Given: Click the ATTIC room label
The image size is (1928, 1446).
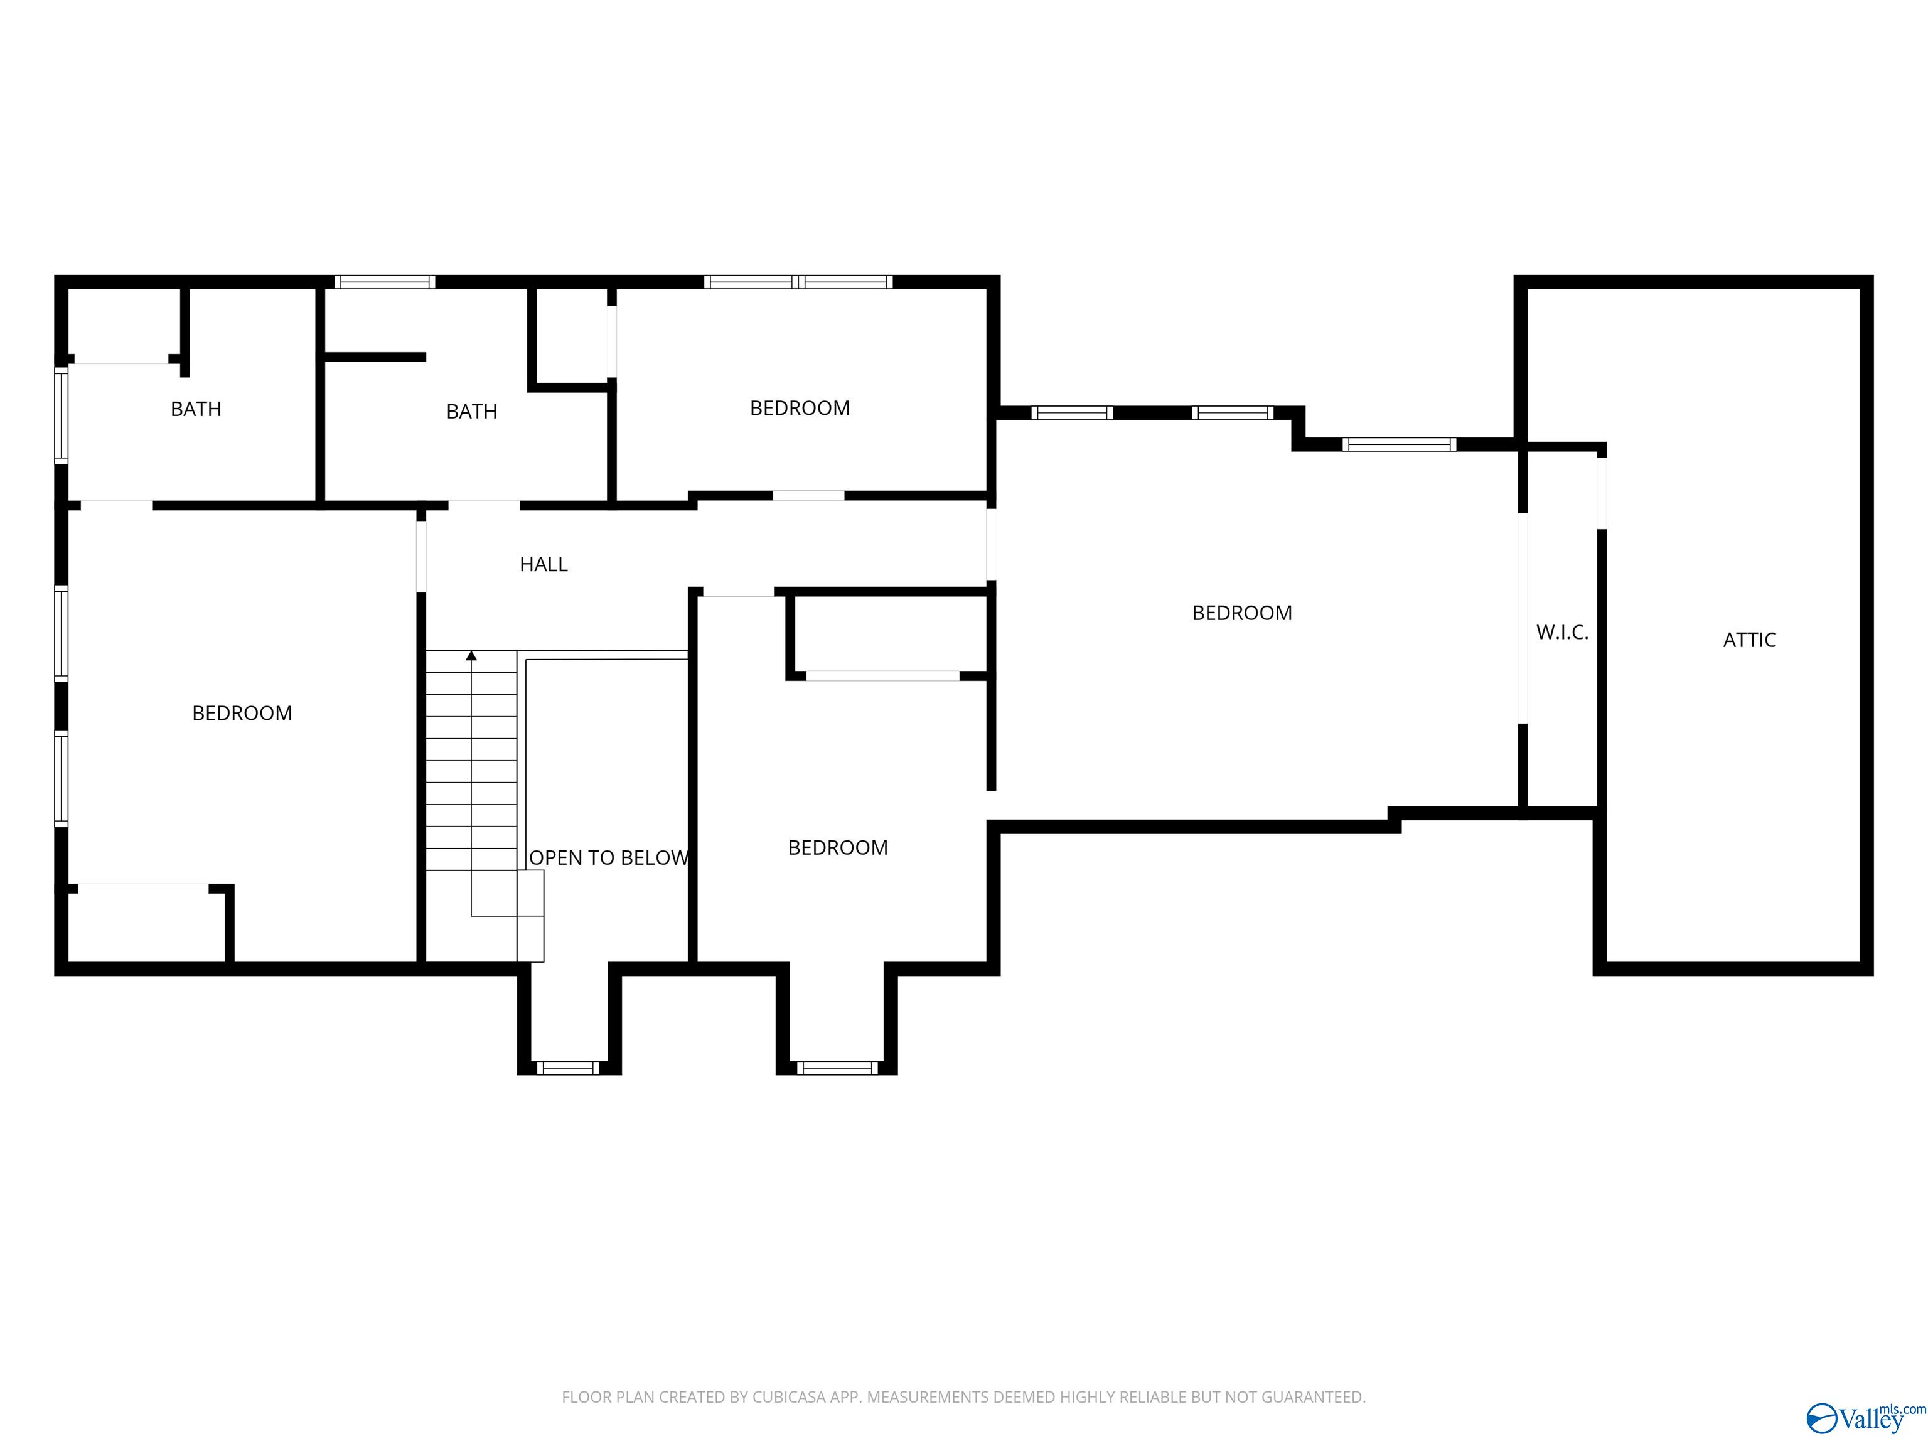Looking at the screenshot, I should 1749,640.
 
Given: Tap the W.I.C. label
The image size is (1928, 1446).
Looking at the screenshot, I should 1562,633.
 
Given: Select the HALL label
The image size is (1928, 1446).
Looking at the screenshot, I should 543,565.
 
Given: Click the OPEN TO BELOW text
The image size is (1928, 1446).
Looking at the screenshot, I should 608,858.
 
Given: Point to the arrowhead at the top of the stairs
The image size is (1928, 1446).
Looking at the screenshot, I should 471,655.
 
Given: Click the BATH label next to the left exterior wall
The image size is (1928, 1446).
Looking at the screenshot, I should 195,409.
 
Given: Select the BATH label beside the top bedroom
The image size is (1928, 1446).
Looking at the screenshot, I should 471,412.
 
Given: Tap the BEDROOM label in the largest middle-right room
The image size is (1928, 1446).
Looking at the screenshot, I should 1241,613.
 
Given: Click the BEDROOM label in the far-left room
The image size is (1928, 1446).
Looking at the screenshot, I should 242,713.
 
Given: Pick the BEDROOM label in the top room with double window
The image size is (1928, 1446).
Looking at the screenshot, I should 800,408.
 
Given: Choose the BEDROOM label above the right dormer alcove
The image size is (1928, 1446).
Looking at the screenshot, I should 838,847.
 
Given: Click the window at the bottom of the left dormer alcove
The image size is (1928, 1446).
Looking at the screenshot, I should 567,1068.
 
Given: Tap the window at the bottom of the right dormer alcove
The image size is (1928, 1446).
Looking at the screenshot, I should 837,1068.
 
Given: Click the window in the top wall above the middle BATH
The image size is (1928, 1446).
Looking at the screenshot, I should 384,282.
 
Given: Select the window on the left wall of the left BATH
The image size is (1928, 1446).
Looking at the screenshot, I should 61,415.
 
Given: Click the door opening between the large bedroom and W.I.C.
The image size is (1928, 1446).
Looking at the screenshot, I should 1523,618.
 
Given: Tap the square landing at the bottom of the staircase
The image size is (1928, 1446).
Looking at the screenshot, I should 530,915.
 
